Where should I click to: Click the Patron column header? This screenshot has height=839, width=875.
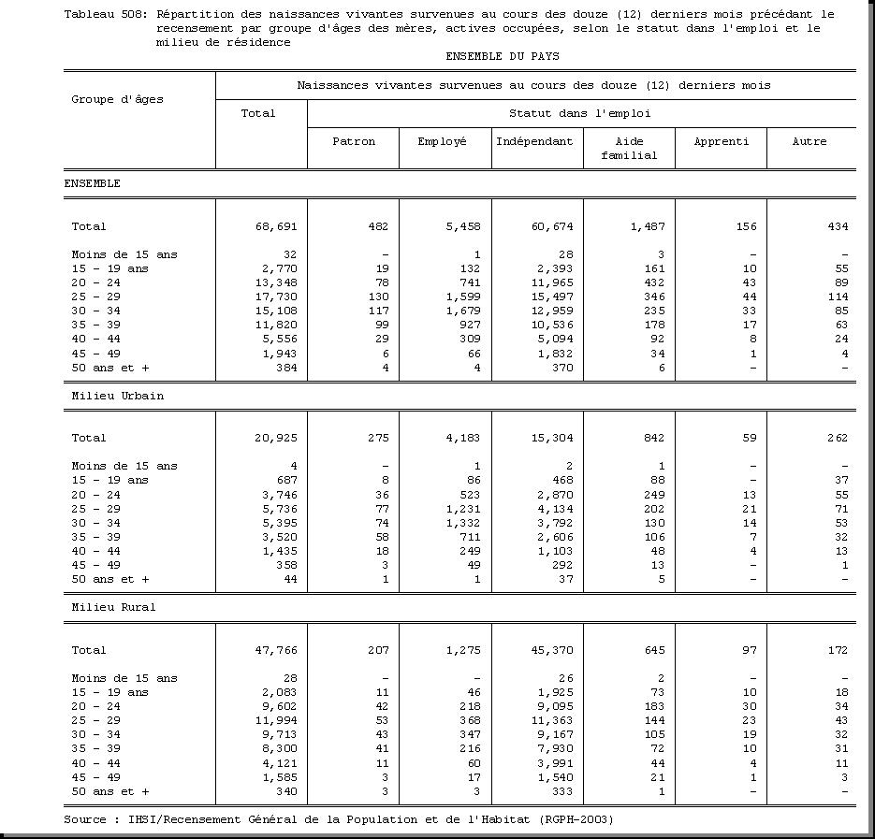[354, 141]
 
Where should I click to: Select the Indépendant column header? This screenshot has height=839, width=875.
[534, 141]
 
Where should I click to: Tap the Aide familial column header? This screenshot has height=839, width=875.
[629, 148]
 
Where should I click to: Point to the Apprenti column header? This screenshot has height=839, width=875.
[721, 141]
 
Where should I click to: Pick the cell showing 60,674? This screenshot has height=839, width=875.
[551, 226]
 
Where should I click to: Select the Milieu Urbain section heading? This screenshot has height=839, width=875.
[118, 396]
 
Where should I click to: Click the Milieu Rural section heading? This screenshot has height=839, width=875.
[114, 607]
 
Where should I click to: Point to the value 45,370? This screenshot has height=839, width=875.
[551, 650]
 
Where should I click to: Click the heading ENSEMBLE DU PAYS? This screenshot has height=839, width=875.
[503, 56]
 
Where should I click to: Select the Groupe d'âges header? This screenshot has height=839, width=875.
[118, 99]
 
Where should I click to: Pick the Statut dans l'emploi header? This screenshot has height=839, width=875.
[579, 113]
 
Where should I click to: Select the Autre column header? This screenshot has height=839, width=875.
[809, 141]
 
